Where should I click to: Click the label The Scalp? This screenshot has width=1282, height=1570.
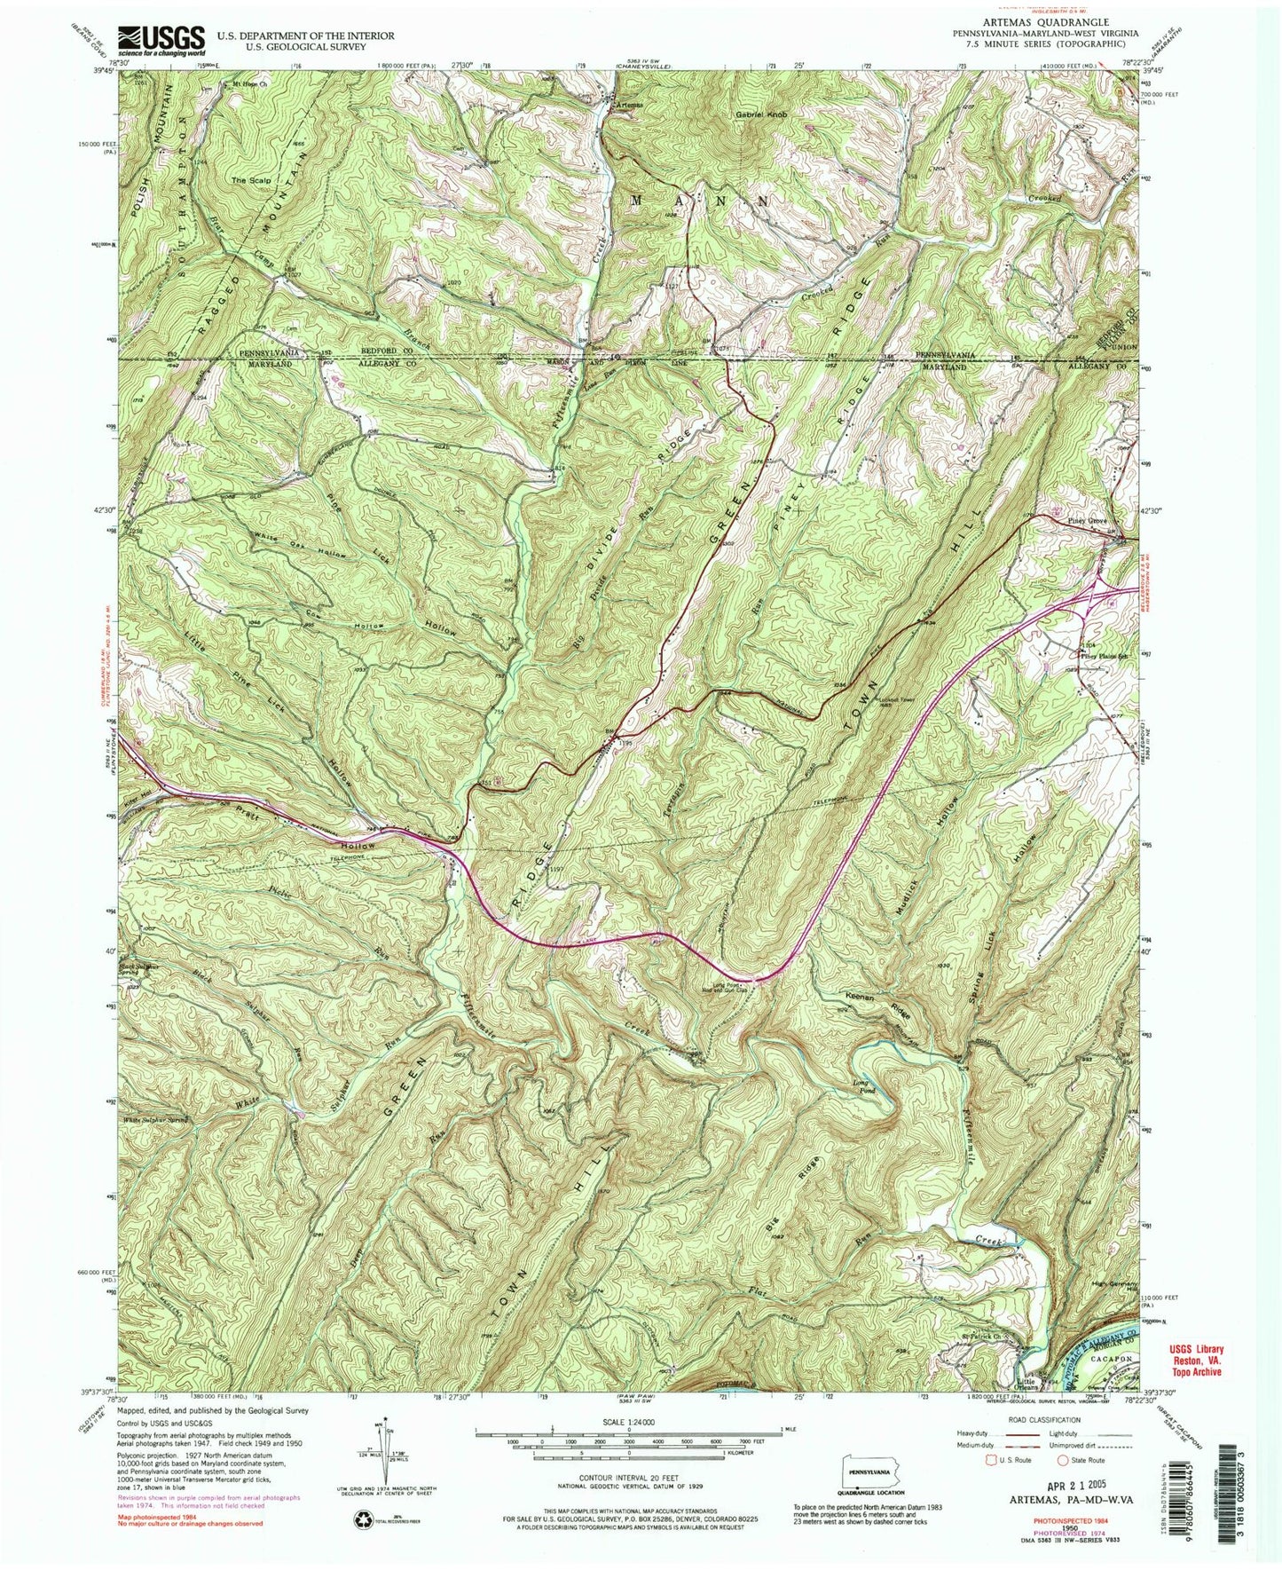(250, 180)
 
